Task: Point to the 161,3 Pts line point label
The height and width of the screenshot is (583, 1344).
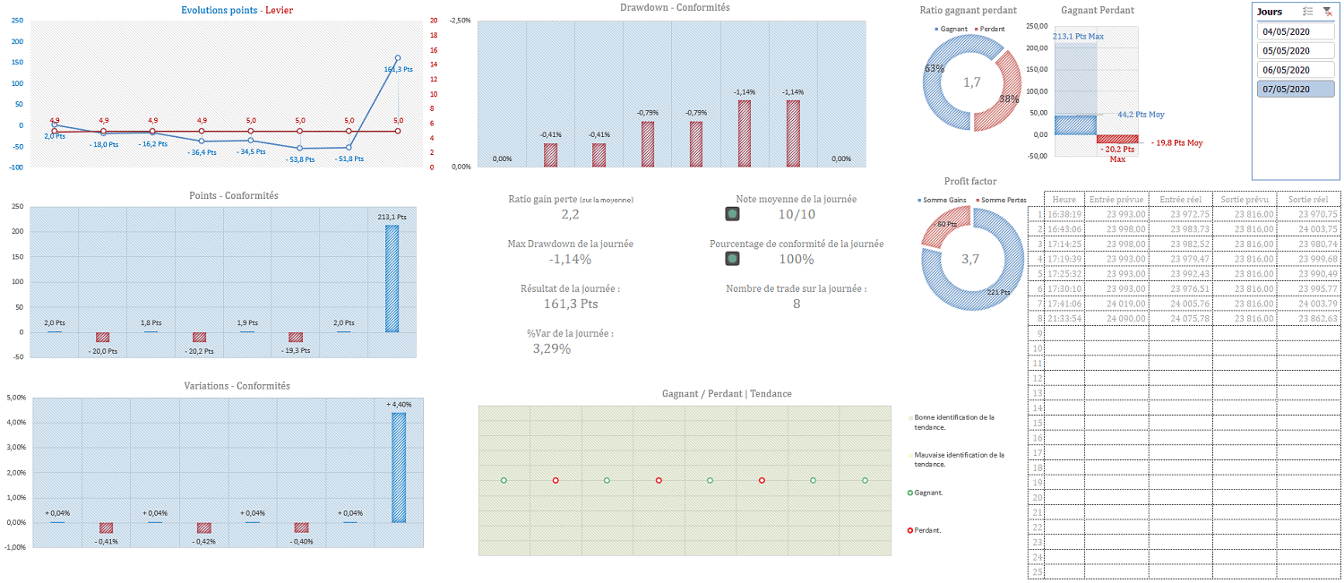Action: pyautogui.click(x=398, y=69)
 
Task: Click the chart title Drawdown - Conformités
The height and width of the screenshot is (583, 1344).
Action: pyautogui.click(x=675, y=8)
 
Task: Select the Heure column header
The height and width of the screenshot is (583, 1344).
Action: pyautogui.click(x=1064, y=199)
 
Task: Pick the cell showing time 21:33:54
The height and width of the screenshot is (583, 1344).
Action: pyautogui.click(x=1064, y=318)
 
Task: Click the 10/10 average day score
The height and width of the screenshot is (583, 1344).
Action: pyautogui.click(x=797, y=214)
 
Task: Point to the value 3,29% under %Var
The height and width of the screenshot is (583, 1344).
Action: pyautogui.click(x=551, y=348)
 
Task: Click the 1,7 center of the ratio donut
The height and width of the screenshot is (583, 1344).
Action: pyautogui.click(x=972, y=82)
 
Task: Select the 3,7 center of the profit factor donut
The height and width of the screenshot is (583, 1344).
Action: pyautogui.click(x=972, y=259)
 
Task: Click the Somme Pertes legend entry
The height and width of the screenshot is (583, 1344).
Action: pyautogui.click(x=1003, y=199)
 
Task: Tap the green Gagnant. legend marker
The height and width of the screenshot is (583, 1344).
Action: pyautogui.click(x=910, y=493)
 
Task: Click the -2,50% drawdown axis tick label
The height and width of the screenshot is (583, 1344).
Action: pyautogui.click(x=460, y=20)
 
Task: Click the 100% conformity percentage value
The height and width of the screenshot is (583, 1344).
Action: pyautogui.click(x=797, y=259)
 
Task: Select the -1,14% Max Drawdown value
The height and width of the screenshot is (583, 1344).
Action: pyautogui.click(x=570, y=259)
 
